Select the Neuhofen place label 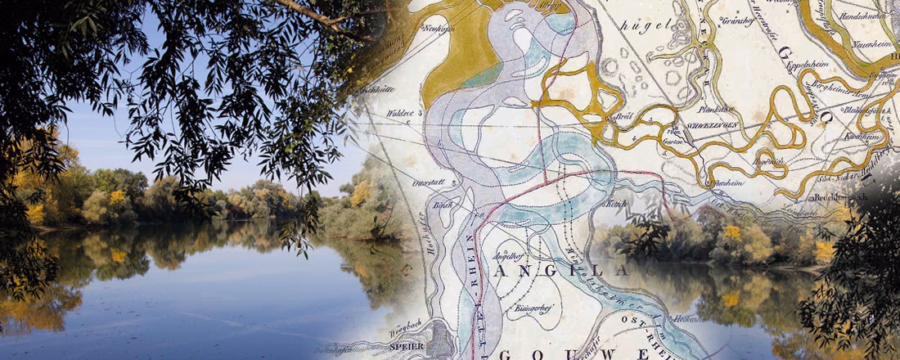coord(439,28)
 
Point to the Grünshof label coord(737,21)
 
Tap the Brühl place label coord(628,116)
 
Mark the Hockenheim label coord(687,317)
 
